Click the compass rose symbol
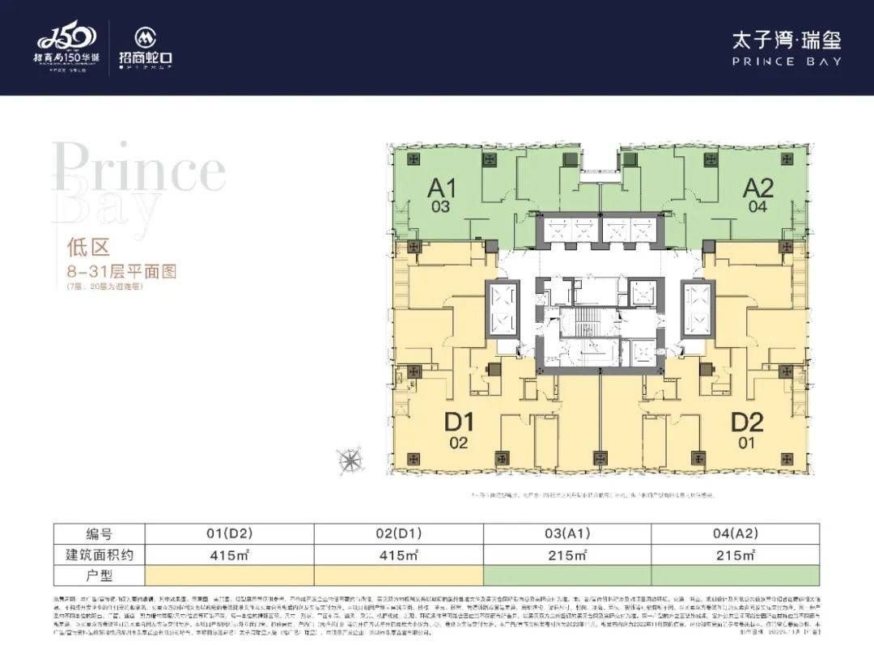pos(350,460)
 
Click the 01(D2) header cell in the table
pos(229,534)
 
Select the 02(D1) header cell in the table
pos(397,534)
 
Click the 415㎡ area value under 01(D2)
pos(229,555)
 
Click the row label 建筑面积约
pos(99,555)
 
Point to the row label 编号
pos(99,534)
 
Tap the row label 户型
pos(99,575)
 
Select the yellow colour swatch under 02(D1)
pos(397,575)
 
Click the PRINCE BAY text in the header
pos(787,61)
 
